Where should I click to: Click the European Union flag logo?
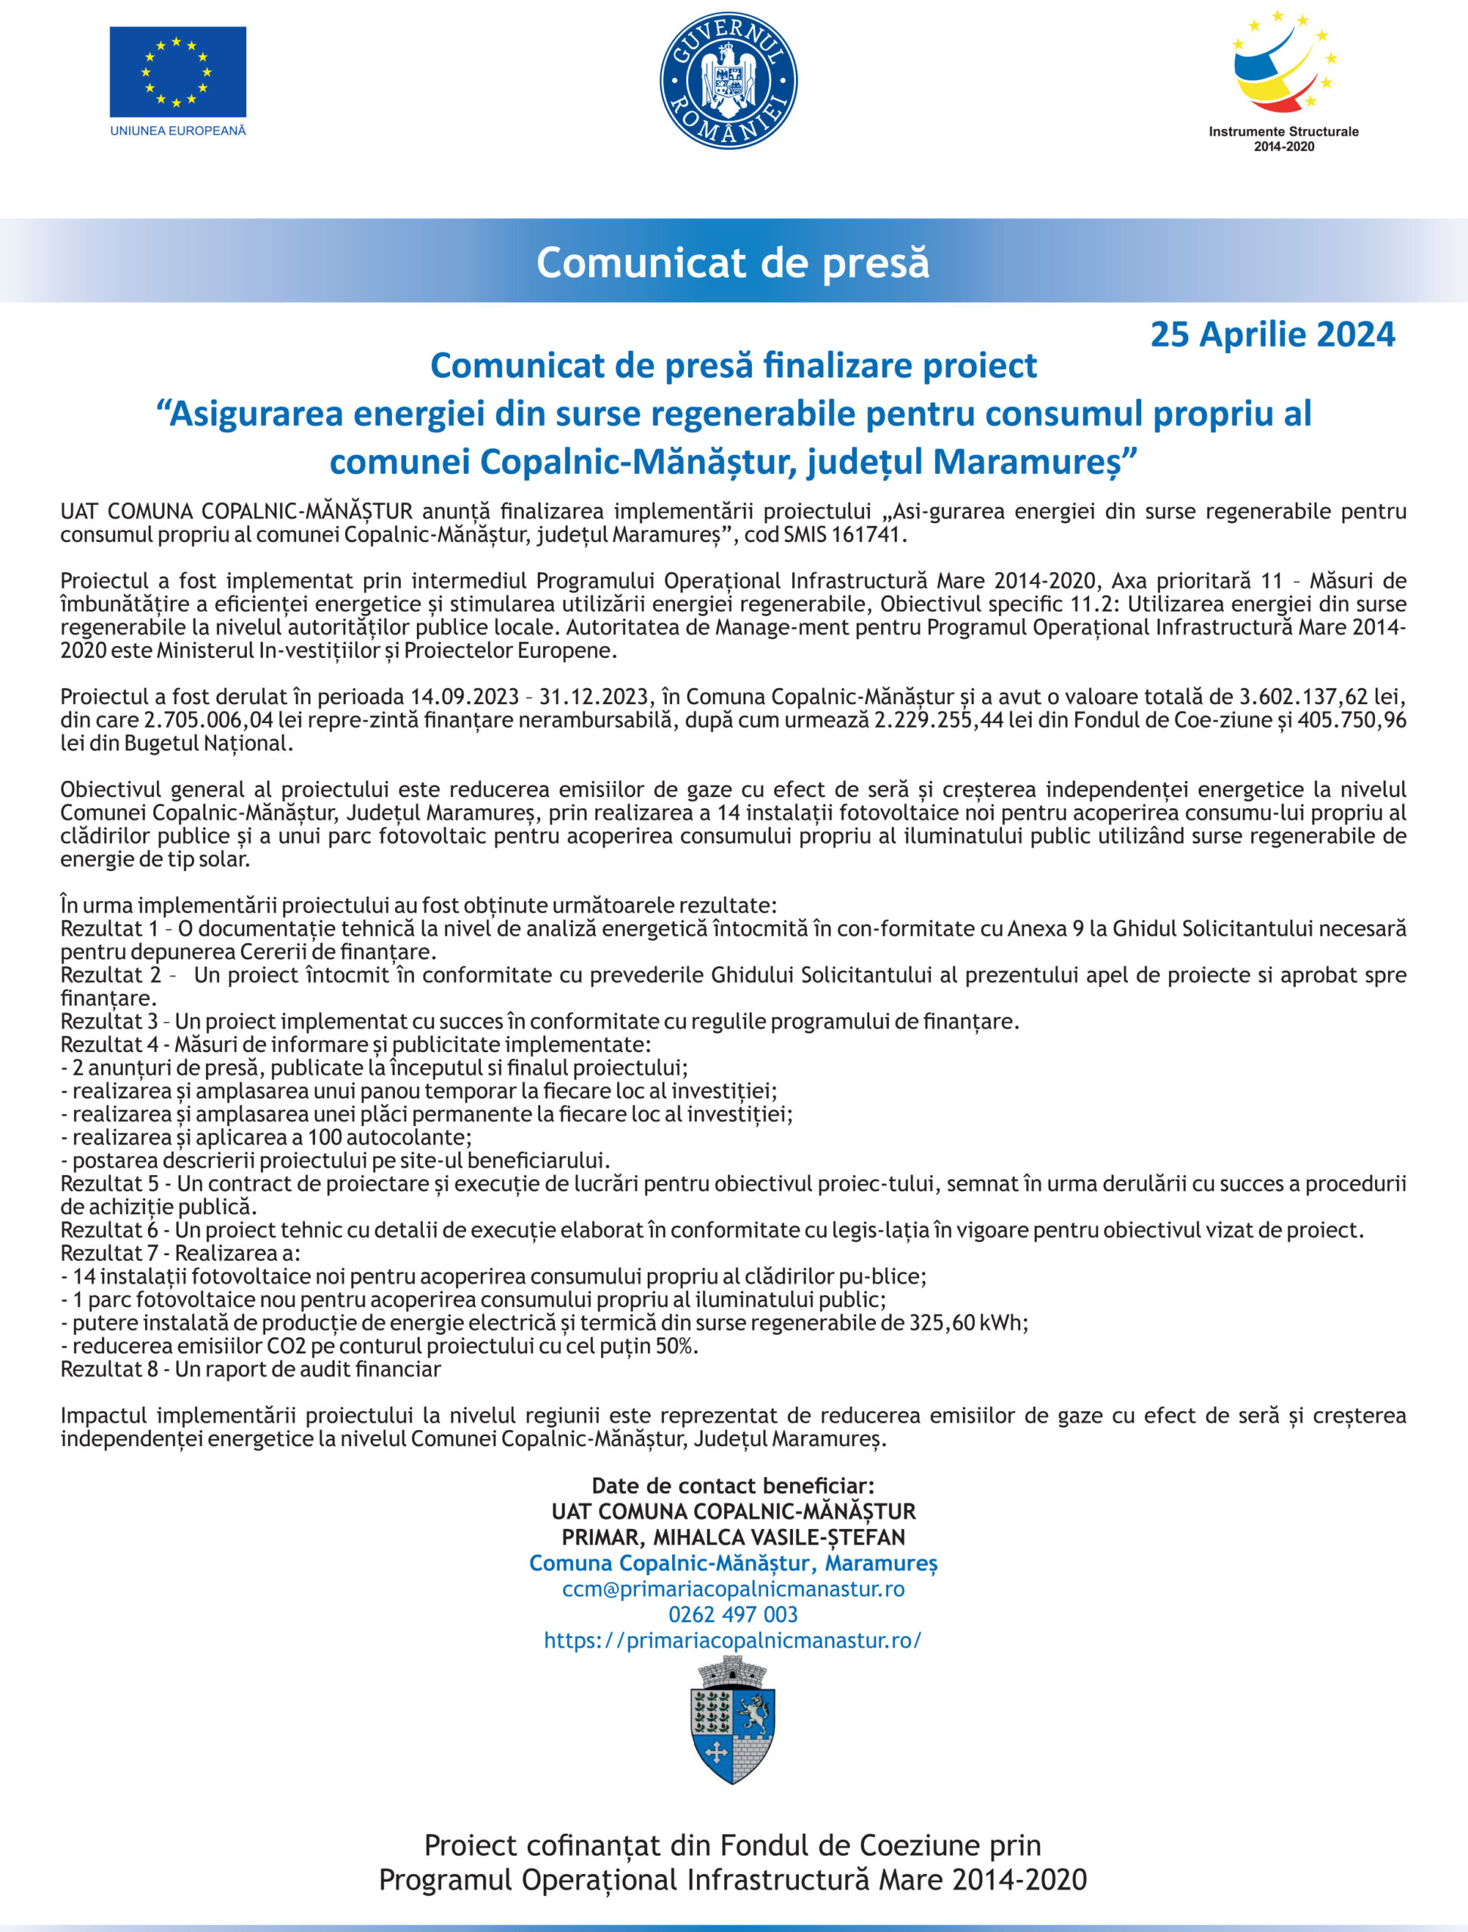point(177,72)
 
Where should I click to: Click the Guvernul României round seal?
point(728,80)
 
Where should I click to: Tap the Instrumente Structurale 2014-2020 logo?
point(1283,78)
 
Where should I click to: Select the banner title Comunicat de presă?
point(732,262)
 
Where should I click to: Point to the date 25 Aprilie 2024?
point(1272,334)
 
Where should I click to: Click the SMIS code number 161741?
point(866,534)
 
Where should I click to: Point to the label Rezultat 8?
point(109,1369)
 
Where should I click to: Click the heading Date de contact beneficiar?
point(732,1486)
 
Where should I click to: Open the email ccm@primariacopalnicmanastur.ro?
point(732,1589)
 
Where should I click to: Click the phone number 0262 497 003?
point(732,1614)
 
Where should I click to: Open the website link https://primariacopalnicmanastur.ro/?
point(732,1640)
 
